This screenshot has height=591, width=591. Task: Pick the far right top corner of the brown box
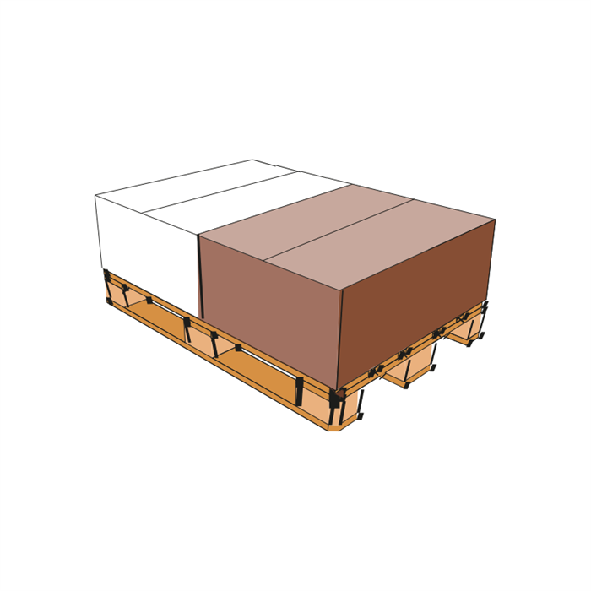point(495,220)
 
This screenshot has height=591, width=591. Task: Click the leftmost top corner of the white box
point(95,196)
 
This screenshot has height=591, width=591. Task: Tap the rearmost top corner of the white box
point(252,160)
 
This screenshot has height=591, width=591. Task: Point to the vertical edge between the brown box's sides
point(339,338)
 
